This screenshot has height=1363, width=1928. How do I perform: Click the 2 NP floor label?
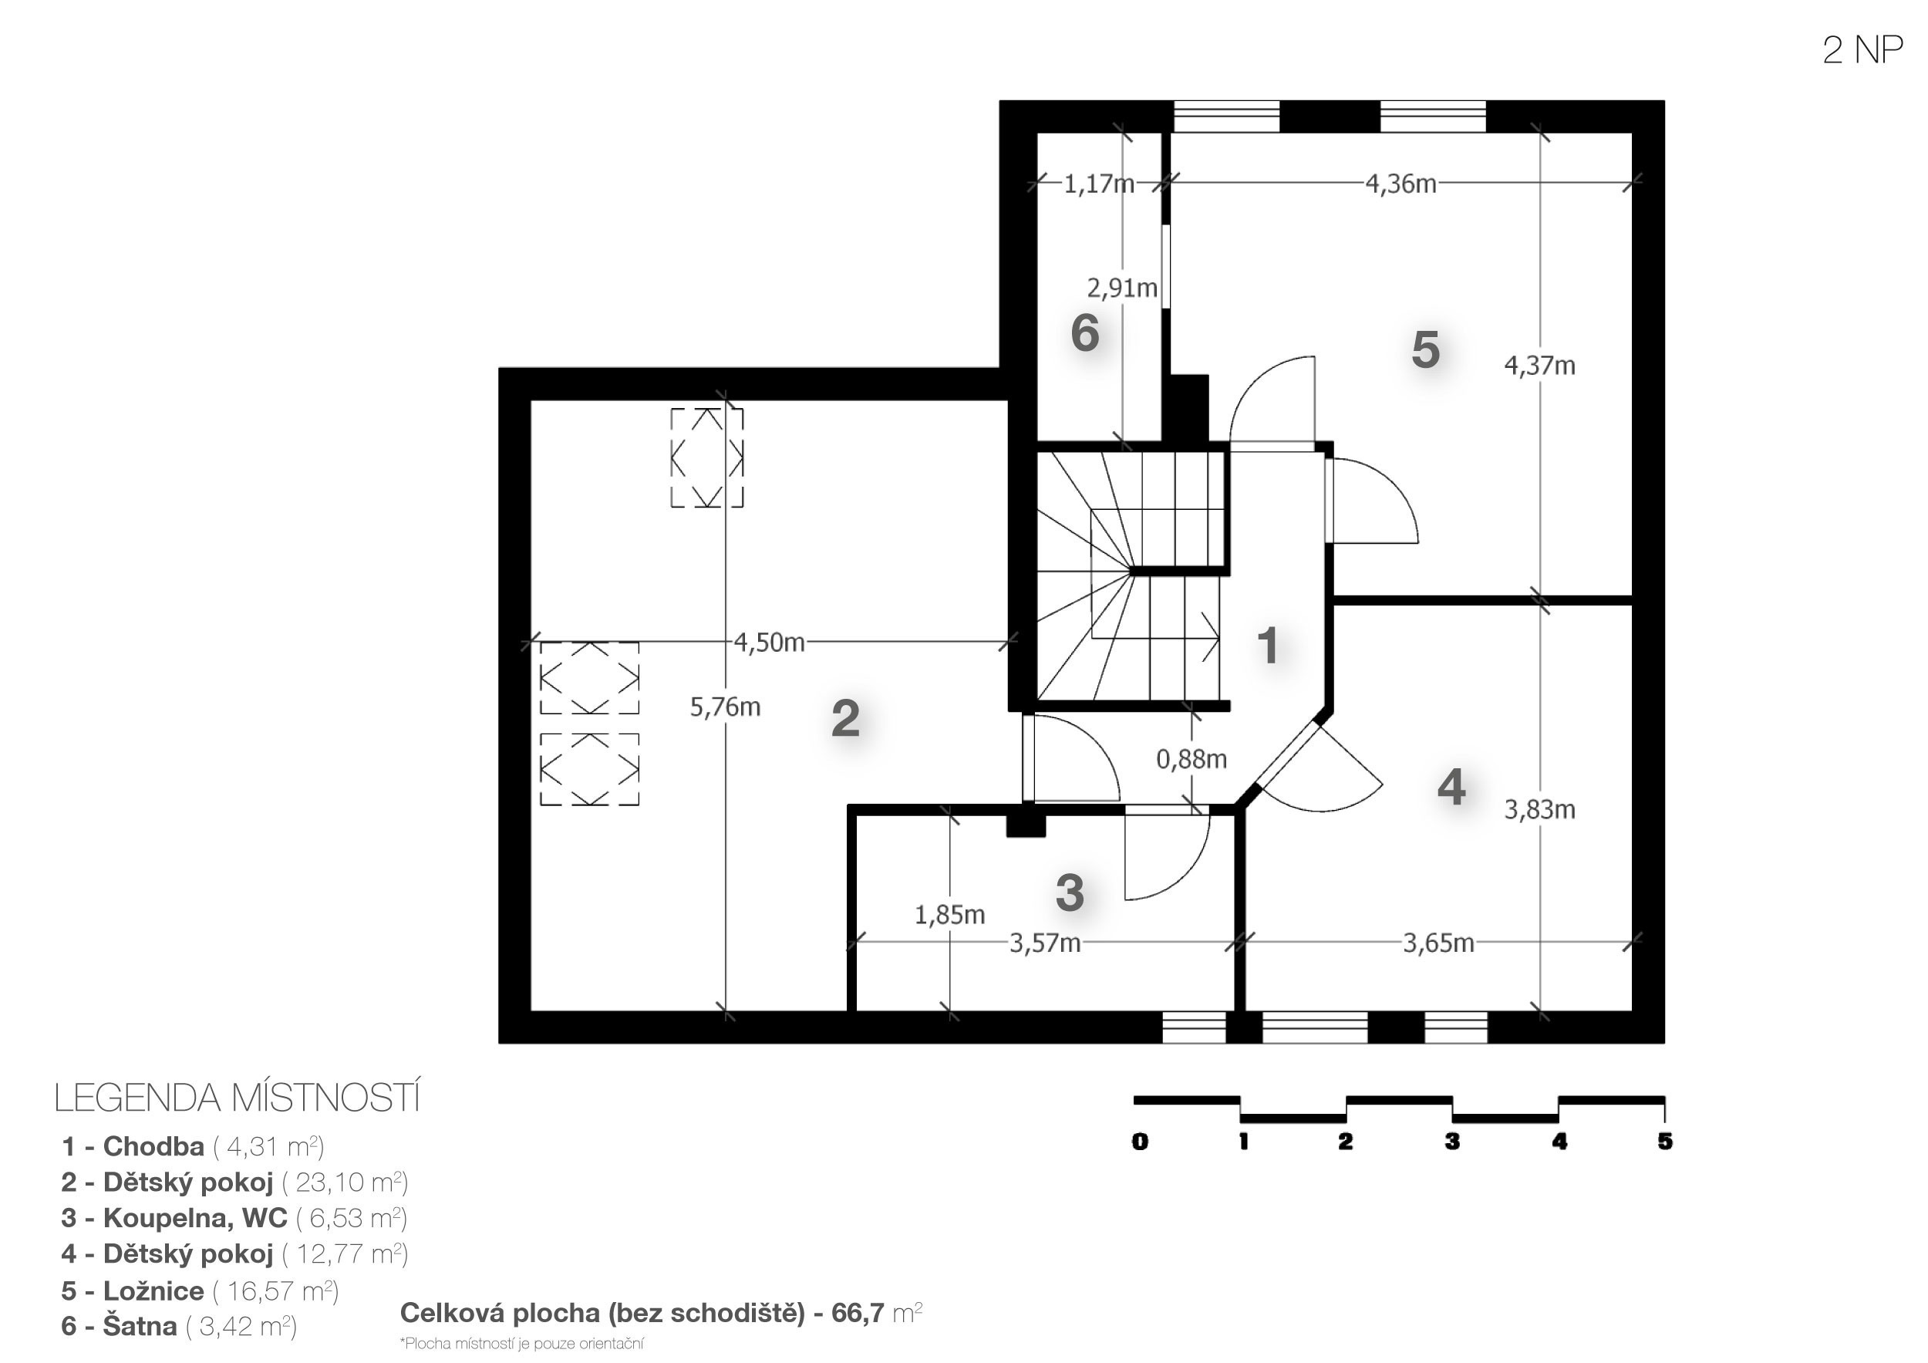coord(1862,50)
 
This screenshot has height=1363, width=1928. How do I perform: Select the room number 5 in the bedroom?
coord(1426,349)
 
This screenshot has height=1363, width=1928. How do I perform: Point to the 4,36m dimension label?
coord(1400,184)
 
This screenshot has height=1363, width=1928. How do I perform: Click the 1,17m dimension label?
coord(1099,184)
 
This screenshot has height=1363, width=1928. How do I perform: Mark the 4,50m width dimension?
coord(769,643)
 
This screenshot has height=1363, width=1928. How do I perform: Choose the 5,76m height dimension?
coord(726,708)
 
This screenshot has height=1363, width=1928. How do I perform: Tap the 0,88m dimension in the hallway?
coord(1192,760)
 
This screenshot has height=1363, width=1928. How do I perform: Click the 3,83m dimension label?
coord(1539,811)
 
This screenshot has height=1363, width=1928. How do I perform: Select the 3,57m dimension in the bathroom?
coord(1045,944)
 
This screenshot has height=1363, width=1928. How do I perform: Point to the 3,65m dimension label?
coord(1438,944)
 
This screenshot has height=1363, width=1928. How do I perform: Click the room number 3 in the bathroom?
coord(1070,892)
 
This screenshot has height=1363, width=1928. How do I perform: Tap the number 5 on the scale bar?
coord(1664,1142)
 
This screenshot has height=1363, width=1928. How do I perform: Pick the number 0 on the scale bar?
coord(1140,1142)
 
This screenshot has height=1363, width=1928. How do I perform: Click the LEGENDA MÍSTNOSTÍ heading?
coord(237,1098)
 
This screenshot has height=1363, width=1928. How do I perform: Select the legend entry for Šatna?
coord(179,1326)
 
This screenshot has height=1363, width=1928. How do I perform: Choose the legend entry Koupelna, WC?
coord(234,1218)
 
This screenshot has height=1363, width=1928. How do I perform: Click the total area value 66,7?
coord(858,1313)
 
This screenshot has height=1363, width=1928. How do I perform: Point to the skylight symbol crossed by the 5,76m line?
coord(707,457)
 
